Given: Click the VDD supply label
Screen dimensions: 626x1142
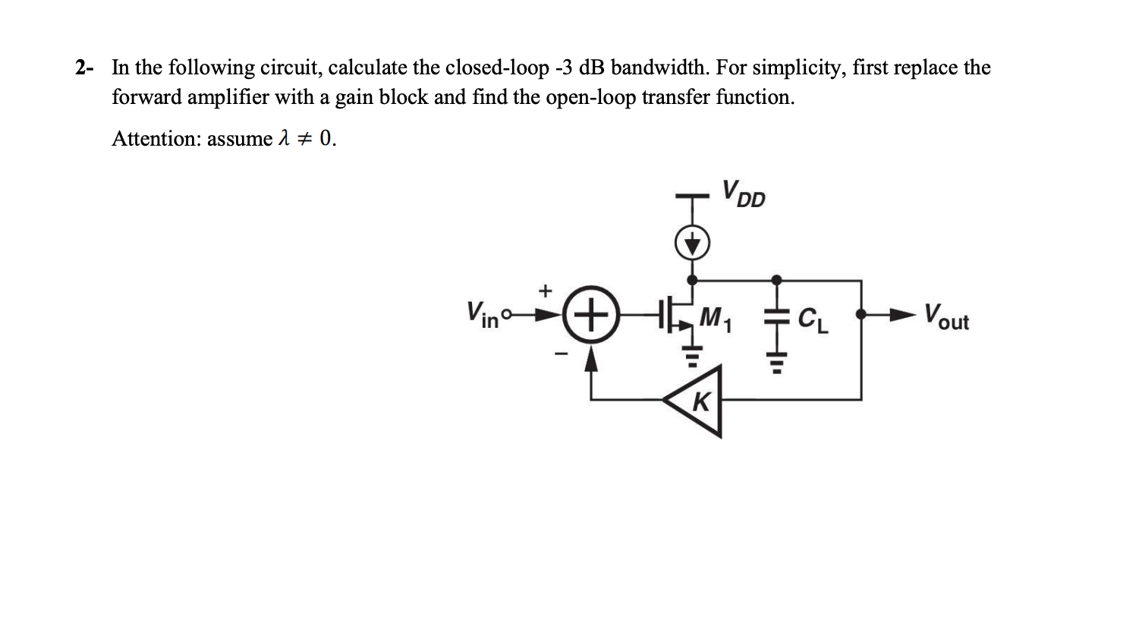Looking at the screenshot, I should [x=744, y=193].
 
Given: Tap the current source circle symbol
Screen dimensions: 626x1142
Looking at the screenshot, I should [x=692, y=243].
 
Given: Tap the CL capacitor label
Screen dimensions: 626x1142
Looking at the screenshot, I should [x=813, y=320].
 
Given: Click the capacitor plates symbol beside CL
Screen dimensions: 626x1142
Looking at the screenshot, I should [x=775, y=320].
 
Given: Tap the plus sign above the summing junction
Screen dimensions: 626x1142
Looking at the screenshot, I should [x=544, y=290].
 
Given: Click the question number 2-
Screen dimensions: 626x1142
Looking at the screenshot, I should [x=84, y=68].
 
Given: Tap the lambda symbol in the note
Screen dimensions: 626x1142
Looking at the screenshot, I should [x=284, y=138].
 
